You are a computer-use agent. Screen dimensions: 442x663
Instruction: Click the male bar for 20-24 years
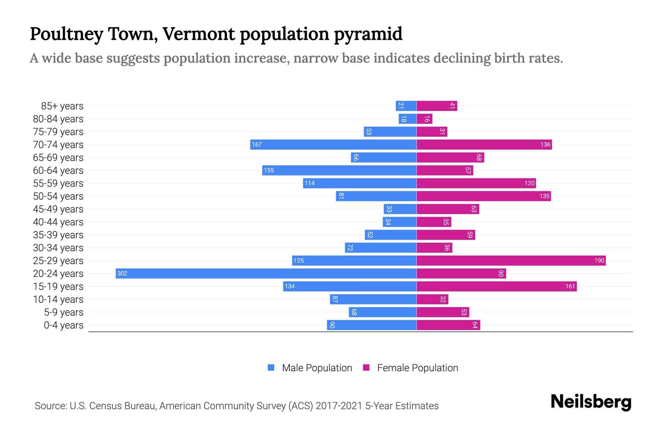(266, 273)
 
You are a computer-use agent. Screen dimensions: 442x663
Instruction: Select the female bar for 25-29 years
(511, 260)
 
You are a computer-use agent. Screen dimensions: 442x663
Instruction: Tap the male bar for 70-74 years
(333, 144)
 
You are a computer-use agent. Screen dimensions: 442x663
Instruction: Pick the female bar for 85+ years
(437, 106)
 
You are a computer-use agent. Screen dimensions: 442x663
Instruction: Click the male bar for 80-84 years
(407, 119)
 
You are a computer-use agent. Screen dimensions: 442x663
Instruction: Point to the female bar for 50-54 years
(484, 196)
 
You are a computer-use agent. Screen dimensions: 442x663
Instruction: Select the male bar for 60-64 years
(339, 170)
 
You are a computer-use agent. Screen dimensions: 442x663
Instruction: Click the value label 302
(122, 273)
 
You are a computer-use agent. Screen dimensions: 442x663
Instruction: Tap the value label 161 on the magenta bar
(570, 286)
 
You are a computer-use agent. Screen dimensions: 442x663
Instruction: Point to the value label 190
(599, 260)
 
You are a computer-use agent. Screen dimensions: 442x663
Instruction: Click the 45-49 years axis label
(58, 209)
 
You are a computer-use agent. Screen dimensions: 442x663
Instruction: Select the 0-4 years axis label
(63, 325)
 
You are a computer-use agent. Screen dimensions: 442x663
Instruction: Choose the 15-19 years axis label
(58, 286)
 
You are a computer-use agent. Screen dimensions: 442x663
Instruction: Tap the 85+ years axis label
(62, 106)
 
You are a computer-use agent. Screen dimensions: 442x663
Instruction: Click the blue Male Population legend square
(271, 368)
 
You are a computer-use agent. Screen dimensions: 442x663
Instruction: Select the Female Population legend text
(417, 368)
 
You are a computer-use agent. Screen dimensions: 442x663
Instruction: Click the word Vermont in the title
(199, 34)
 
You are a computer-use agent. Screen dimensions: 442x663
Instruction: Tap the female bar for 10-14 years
(432, 299)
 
